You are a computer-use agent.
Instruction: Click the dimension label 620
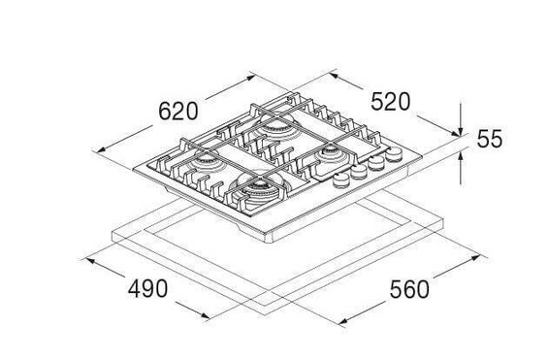[178, 112]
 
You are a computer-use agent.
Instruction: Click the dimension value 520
[390, 102]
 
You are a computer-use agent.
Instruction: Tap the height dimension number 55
[490, 139]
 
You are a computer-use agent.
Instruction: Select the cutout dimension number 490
[147, 289]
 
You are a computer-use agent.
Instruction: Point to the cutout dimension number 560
[409, 289]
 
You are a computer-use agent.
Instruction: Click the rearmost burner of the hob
[275, 127]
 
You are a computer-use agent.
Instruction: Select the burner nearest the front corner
[259, 189]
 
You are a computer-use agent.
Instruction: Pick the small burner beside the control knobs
[329, 154]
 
